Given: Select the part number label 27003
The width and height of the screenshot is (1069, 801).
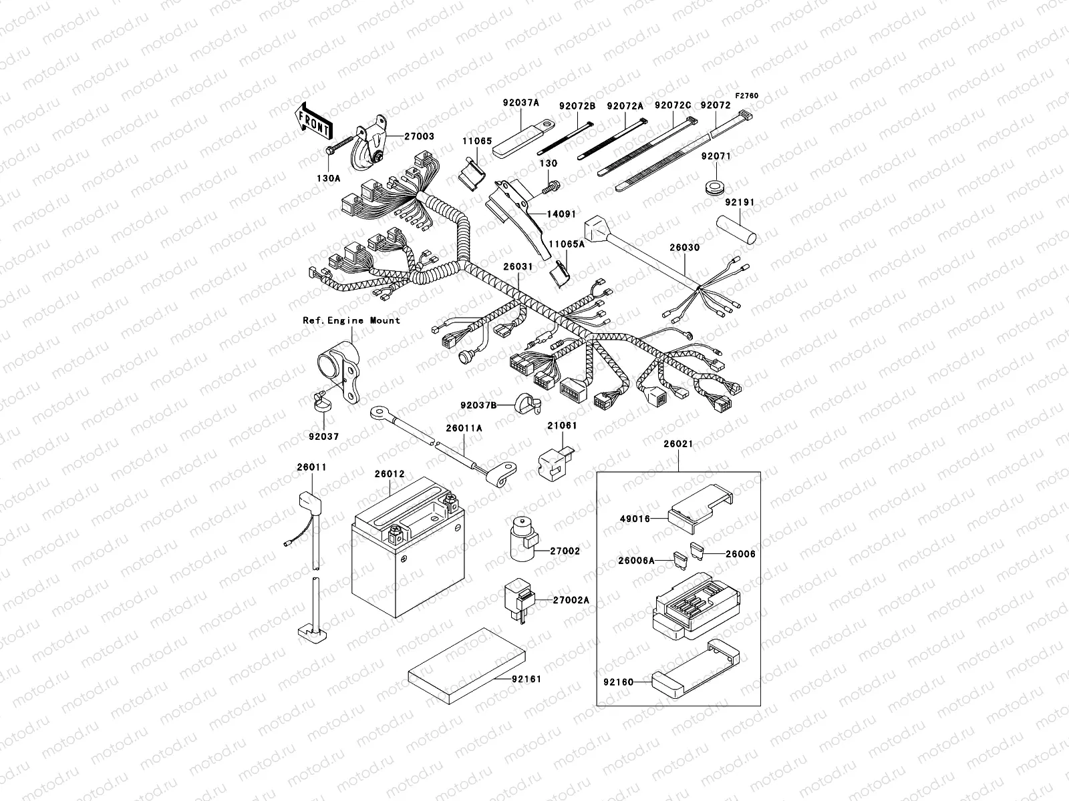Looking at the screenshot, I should (419, 136).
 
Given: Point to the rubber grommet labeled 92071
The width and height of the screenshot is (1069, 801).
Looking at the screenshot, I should (716, 186).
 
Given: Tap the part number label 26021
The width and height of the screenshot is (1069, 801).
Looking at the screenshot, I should (678, 444).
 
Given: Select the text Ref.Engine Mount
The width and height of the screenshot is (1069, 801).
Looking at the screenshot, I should (351, 320).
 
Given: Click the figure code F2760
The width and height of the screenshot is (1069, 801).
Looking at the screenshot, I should (748, 96).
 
